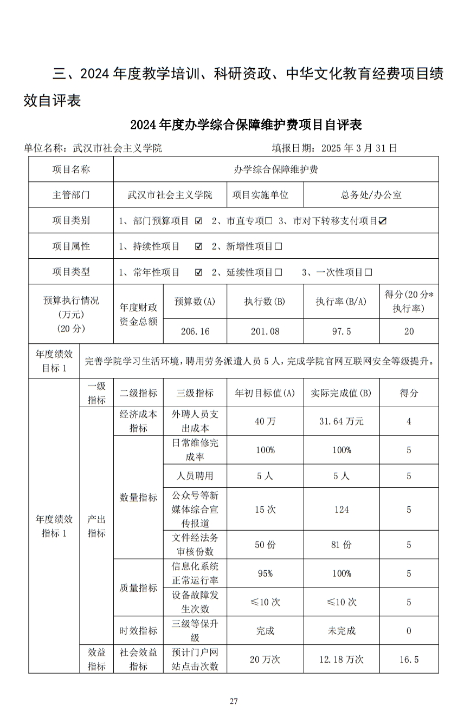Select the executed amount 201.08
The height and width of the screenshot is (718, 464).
[265, 331]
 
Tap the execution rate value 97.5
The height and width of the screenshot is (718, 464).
[341, 331]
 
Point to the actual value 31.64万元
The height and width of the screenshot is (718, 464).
[341, 421]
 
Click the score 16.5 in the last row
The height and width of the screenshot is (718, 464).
[409, 660]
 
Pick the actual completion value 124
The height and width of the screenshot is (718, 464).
[341, 510]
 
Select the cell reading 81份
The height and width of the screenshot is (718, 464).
[341, 545]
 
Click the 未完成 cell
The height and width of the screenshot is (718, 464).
[341, 631]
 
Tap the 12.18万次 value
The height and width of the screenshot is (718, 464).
[341, 660]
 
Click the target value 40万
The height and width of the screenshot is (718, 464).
[265, 421]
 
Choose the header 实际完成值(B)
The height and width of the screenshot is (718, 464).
[341, 393]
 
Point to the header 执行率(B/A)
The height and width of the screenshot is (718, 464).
[341, 302]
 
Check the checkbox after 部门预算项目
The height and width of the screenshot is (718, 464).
[198, 221]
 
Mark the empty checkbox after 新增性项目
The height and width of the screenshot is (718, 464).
[279, 247]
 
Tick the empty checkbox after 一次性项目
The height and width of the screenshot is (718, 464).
[369, 272]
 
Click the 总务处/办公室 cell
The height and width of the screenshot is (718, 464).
[371, 195]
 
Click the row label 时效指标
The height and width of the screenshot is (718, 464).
[138, 631]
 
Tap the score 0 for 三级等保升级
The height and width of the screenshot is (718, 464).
[409, 631]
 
